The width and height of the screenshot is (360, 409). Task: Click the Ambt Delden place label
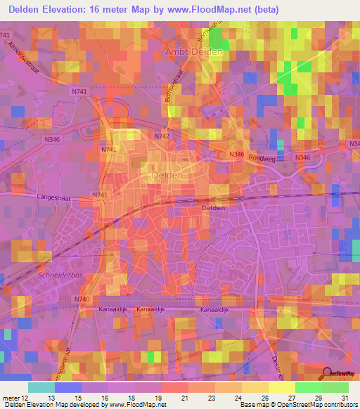[193, 52]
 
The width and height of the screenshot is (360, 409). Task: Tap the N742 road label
[162, 136]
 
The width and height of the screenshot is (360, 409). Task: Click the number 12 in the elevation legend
[27, 398]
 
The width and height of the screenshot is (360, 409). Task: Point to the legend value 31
[345, 398]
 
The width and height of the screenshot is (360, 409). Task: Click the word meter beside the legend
[11, 398]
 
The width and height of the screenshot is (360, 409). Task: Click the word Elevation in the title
[70, 10]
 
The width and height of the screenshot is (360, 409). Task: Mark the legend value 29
[318, 398]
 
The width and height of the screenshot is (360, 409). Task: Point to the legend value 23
[211, 398]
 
